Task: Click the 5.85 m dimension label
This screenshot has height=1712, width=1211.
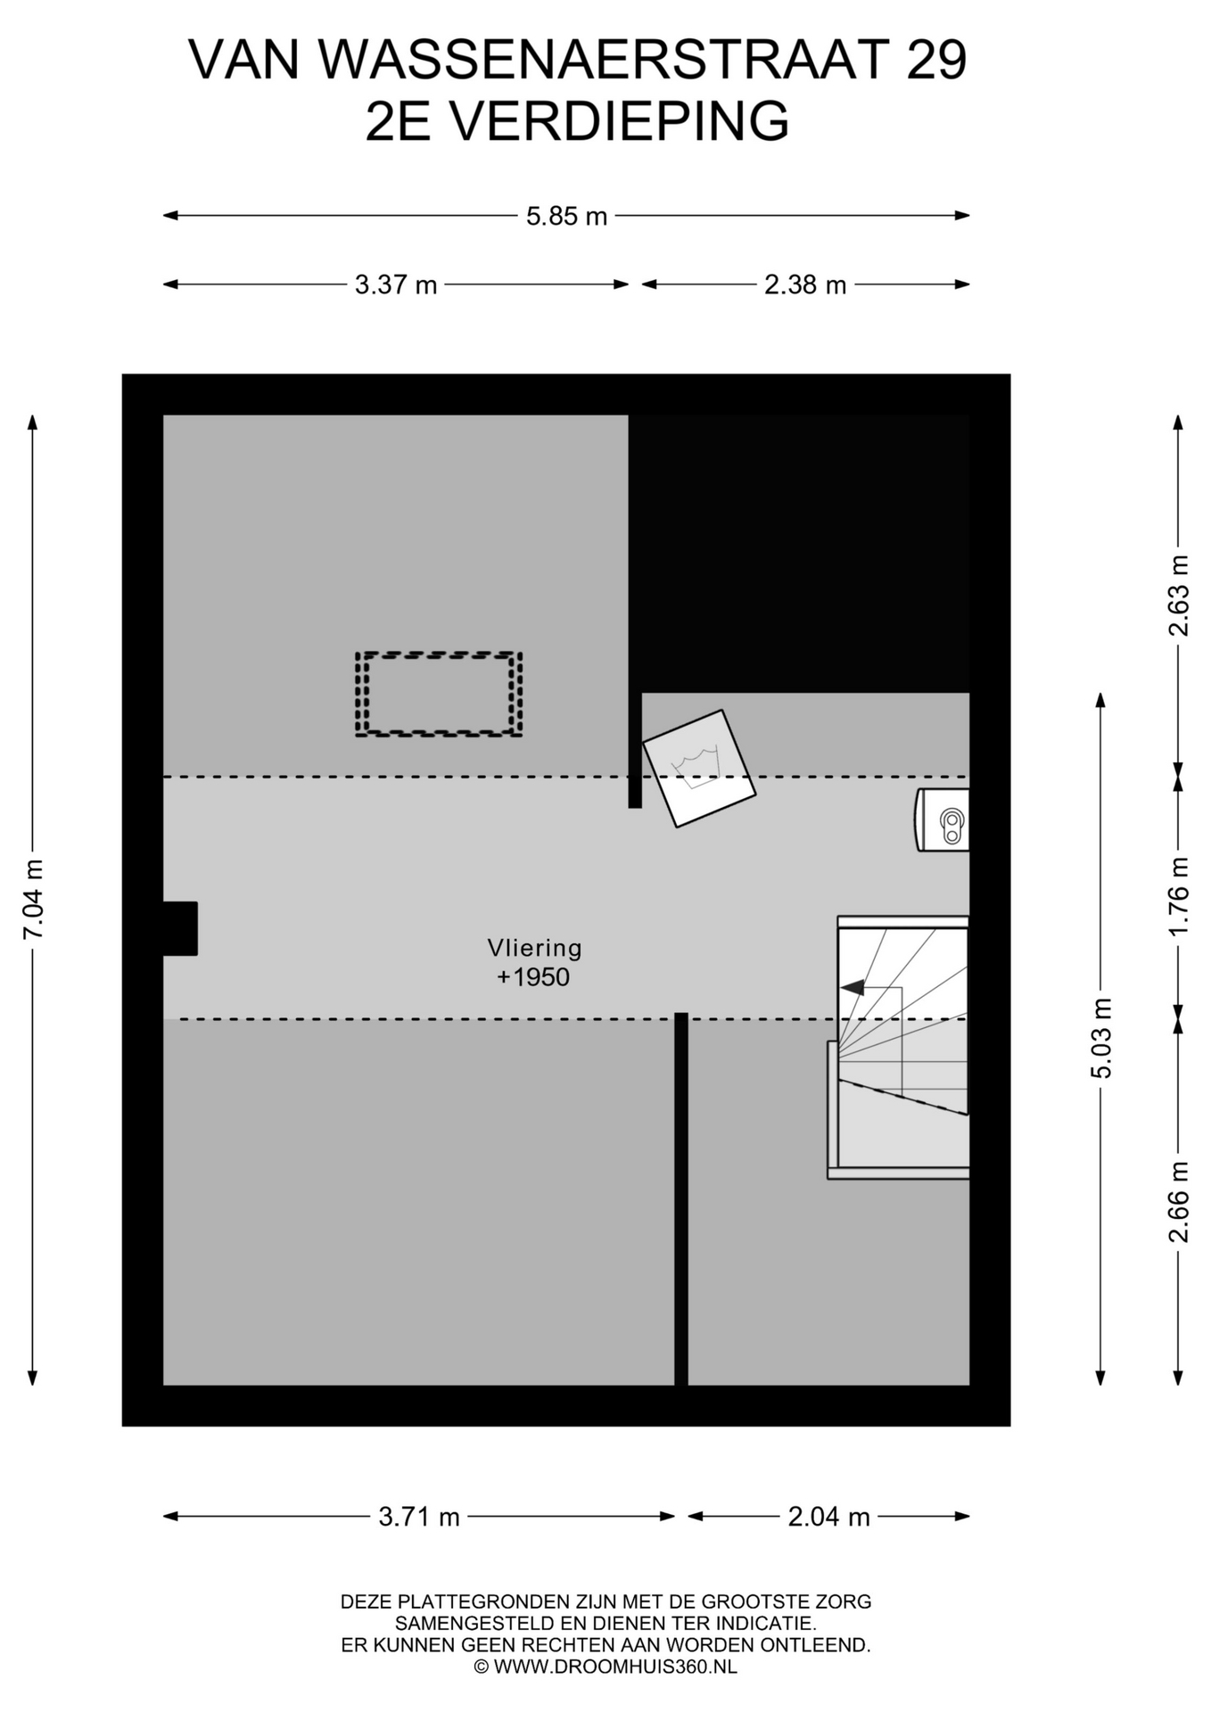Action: (566, 217)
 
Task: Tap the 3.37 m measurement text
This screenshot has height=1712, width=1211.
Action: (396, 285)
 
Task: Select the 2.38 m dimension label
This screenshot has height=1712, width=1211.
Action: (805, 285)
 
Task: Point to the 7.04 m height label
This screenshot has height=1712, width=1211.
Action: (33, 899)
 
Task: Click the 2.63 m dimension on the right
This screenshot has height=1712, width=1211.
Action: (1179, 595)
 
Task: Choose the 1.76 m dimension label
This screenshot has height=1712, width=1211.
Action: (1179, 896)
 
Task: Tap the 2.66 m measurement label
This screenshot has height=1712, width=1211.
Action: (1179, 1202)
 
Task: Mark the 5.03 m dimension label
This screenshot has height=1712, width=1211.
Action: (1101, 1038)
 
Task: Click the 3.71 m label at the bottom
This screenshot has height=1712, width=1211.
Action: (419, 1517)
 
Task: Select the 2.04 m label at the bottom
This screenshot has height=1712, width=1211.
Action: (828, 1517)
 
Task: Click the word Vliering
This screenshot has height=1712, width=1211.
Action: (534, 948)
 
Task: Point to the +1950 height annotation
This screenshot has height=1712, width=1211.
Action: (533, 977)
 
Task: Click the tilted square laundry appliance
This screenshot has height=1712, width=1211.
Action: (699, 769)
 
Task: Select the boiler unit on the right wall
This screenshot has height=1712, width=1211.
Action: (943, 819)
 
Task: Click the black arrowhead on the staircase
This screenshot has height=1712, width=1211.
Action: (853, 987)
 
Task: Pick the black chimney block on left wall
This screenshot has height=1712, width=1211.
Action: (180, 928)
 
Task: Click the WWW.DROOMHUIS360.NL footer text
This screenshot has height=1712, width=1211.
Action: (615, 1667)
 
